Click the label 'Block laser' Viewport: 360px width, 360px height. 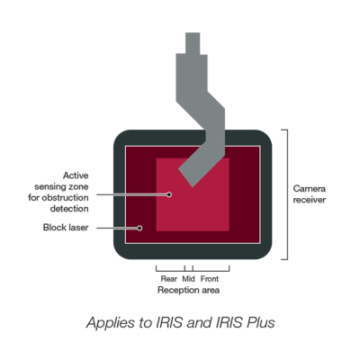[66, 228]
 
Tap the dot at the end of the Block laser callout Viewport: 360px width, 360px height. [139, 228]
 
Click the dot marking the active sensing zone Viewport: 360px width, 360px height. [169, 194]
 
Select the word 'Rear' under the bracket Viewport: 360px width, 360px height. [169, 279]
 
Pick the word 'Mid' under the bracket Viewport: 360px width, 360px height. [188, 279]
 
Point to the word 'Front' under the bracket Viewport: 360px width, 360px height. [210, 279]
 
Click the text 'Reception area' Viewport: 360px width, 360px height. [188, 290]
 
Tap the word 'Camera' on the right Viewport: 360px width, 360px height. [310, 189]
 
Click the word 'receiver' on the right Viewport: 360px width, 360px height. [310, 200]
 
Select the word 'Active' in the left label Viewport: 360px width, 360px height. [76, 175]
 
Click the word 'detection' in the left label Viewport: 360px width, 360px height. [69, 209]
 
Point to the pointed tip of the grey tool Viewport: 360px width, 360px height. [192, 186]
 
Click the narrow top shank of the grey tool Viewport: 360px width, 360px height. [193, 43]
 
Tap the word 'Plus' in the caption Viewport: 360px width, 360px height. [260, 323]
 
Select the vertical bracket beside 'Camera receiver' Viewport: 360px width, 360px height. [287, 194]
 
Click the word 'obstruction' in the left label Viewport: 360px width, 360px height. [65, 198]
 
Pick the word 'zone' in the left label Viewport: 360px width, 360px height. [77, 186]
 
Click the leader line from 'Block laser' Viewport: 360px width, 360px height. [117, 228]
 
